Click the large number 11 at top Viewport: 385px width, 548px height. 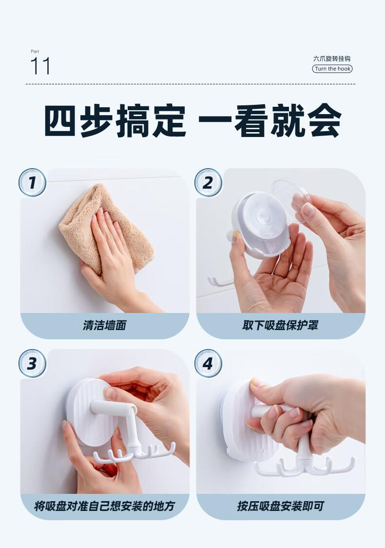pyautogui.click(x=40, y=66)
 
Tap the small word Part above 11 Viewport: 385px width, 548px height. pyautogui.click(x=35, y=51)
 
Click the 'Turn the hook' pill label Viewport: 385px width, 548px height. pyautogui.click(x=332, y=68)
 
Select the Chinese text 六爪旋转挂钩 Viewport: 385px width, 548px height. pyautogui.click(x=331, y=59)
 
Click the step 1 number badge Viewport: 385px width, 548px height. pyautogui.click(x=32, y=182)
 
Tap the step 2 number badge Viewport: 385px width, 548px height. pyautogui.click(x=208, y=182)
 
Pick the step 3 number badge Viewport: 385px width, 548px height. pyautogui.click(x=32, y=363)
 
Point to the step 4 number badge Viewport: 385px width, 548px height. pyautogui.click(x=208, y=363)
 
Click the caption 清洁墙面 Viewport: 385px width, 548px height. pyautogui.click(x=104, y=325)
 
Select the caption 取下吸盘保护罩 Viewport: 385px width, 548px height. pyautogui.click(x=280, y=325)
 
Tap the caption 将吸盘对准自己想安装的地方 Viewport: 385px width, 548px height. pyautogui.click(x=104, y=506)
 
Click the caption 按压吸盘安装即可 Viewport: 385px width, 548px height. pyautogui.click(x=280, y=506)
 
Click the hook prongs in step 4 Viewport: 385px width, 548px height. pyautogui.click(x=304, y=467)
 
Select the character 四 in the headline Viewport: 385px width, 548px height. pyautogui.click(x=60, y=120)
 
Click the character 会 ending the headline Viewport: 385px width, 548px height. pyautogui.click(x=325, y=120)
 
